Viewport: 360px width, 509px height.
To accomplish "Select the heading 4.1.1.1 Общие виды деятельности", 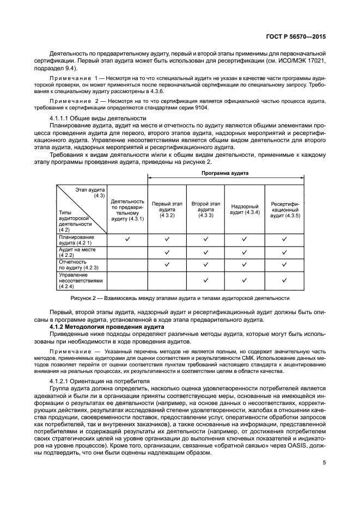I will coord(98,118).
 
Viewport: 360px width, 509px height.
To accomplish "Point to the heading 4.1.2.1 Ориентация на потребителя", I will coord(100,381).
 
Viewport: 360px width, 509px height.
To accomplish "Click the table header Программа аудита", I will coord(225,173).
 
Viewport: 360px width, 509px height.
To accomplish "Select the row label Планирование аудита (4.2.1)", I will coord(76,239).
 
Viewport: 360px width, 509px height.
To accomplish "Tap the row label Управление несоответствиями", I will coord(77,280).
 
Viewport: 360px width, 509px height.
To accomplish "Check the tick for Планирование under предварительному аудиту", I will coord(127,239).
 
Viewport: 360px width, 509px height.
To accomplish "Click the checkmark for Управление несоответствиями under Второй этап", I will coord(206,280).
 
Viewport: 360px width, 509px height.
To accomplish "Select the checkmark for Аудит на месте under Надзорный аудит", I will coord(245,252).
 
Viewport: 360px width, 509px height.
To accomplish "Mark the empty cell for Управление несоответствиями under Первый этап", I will coord(167,280).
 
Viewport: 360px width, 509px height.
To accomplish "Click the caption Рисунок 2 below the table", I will coord(179,298).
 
